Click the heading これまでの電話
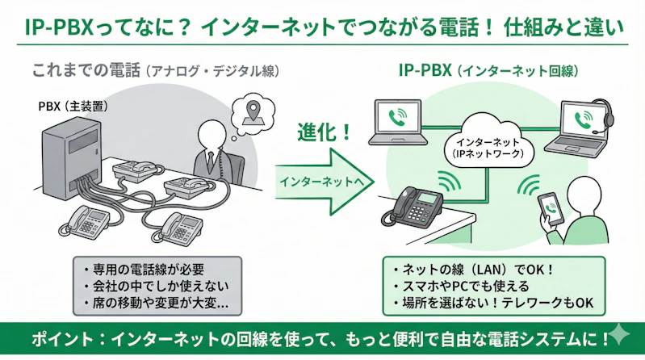pyautogui.click(x=85, y=71)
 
